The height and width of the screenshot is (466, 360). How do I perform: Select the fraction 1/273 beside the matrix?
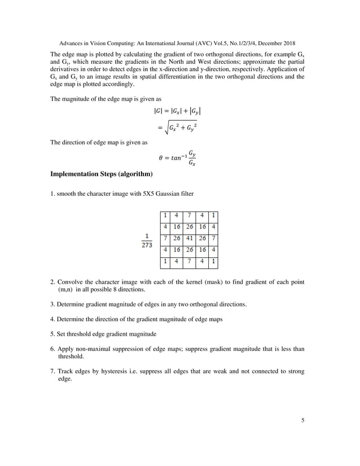point(146,240)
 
